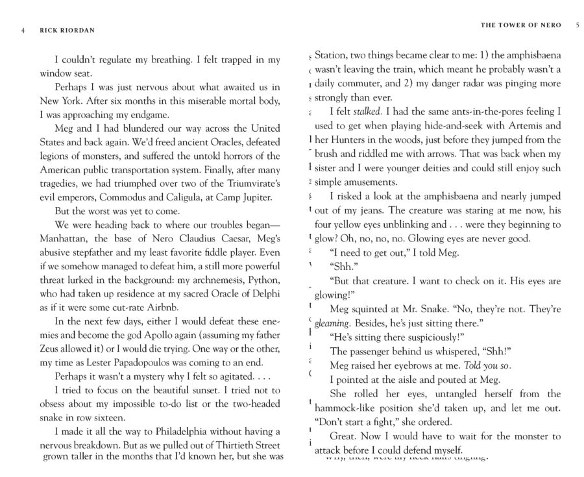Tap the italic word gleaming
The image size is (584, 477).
(x=332, y=323)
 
